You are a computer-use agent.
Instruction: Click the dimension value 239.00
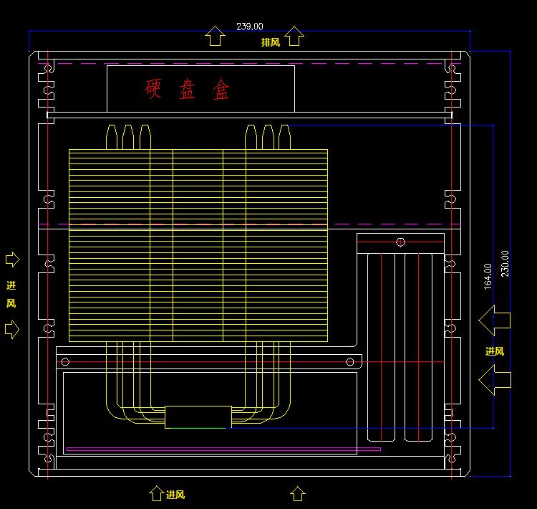[250, 27]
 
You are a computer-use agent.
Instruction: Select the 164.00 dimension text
[488, 277]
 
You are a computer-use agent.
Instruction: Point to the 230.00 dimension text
[505, 264]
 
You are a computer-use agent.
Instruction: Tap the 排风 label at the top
[271, 42]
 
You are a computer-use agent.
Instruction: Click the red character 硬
[153, 88]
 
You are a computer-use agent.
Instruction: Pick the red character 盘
[187, 89]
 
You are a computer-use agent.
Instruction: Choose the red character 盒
[221, 89]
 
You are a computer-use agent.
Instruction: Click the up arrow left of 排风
[215, 36]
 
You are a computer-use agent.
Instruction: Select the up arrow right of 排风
[294, 36]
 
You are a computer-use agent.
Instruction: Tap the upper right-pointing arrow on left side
[12, 260]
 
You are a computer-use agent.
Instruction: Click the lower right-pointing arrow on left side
[12, 330]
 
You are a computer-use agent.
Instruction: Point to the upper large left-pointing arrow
[495, 320]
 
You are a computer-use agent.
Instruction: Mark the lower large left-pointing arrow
[495, 380]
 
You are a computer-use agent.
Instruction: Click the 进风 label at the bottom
[175, 495]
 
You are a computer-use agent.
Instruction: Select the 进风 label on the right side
[495, 351]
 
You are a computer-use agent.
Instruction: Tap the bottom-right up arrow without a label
[298, 493]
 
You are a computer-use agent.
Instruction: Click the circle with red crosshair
[400, 242]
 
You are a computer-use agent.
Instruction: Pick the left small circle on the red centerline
[65, 361]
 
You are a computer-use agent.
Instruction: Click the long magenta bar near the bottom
[223, 449]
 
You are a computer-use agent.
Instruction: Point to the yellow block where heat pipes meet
[198, 417]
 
